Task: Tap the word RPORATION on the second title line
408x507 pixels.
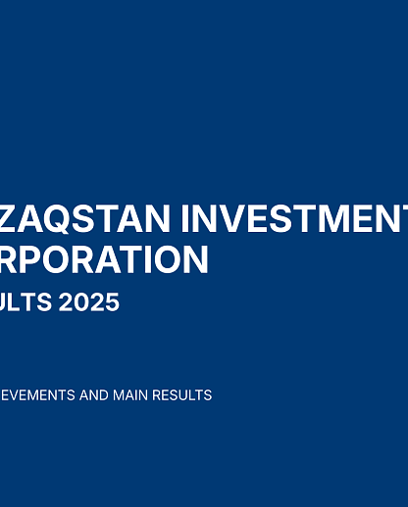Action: coord(104,260)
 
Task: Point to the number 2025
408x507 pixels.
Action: coord(90,302)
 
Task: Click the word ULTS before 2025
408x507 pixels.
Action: coord(26,302)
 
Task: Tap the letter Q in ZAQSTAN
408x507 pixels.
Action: coord(57,218)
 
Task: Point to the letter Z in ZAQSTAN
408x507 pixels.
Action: coord(11,218)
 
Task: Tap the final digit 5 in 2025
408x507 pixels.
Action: coord(112,302)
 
